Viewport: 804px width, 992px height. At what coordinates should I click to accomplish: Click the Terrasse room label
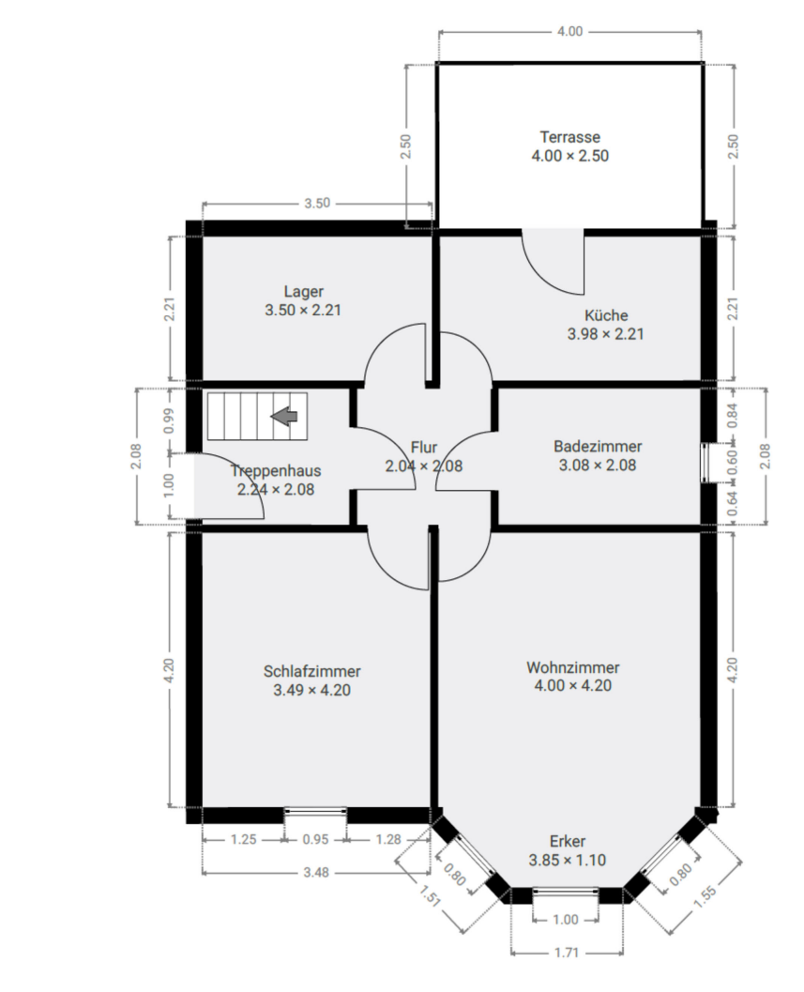(x=569, y=137)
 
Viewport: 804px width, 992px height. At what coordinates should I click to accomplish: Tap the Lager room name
(x=303, y=291)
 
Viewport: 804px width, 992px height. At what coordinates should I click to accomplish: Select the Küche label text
(x=605, y=315)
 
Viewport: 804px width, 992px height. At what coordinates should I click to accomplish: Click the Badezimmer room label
(x=598, y=447)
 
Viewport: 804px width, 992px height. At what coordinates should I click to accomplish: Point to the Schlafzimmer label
(x=311, y=672)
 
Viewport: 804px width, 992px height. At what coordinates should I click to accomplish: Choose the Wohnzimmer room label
(x=572, y=667)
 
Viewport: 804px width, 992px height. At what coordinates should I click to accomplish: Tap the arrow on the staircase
(x=284, y=416)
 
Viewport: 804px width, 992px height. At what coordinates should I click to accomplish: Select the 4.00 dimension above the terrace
(x=569, y=31)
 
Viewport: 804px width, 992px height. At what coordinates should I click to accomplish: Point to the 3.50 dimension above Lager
(x=316, y=204)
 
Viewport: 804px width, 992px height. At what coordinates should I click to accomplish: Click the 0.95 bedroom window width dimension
(x=315, y=840)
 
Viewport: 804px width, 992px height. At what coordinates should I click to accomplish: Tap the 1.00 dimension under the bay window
(x=566, y=921)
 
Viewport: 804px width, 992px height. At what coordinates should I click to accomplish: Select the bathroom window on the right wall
(x=706, y=462)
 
